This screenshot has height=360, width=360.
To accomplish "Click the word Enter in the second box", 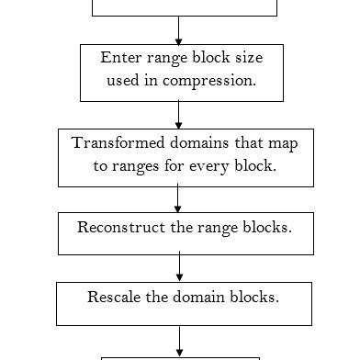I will pos(121,58).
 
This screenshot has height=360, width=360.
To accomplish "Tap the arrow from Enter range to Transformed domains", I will pos(178,115).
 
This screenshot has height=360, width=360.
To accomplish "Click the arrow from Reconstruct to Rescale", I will pos(179,268).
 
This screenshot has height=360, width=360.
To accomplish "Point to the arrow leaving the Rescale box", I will pos(179,342).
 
